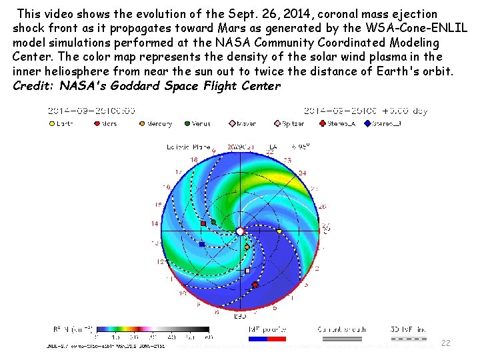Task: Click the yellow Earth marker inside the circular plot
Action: pyautogui.click(x=279, y=231)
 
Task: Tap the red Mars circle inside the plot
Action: pyautogui.click(x=255, y=285)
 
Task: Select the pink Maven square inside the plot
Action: pyautogui.click(x=247, y=271)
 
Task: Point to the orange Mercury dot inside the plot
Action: pyautogui.click(x=247, y=247)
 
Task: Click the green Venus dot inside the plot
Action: pyautogui.click(x=213, y=221)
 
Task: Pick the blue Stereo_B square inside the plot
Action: pyautogui.click(x=202, y=245)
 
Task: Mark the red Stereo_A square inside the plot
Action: pyautogui.click(x=203, y=223)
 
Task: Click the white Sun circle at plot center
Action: pyautogui.click(x=240, y=231)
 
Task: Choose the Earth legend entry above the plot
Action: pyautogui.click(x=61, y=123)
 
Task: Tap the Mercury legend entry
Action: pyautogui.click(x=155, y=123)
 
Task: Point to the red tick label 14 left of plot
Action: pyautogui.click(x=155, y=223)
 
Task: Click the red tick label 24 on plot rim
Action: pyautogui.click(x=302, y=173)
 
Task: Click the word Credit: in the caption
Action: pyautogui.click(x=33, y=86)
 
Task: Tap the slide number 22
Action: pyautogui.click(x=446, y=343)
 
